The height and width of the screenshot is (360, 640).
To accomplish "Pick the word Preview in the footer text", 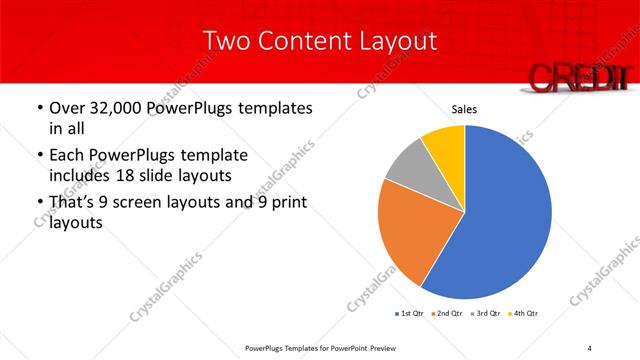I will [391, 347].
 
